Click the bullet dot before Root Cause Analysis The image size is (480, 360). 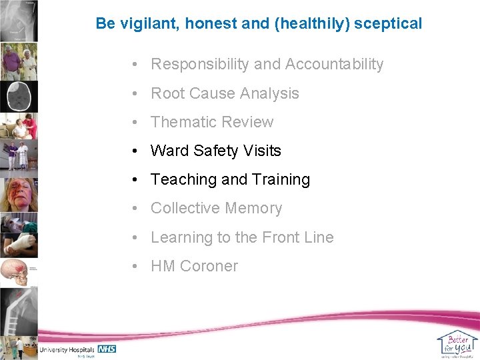[135, 93]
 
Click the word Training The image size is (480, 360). [281, 179]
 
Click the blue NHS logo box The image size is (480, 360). [107, 349]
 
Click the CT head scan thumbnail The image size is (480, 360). [19, 96]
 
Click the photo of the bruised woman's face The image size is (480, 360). [19, 193]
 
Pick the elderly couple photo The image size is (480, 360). [19, 62]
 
